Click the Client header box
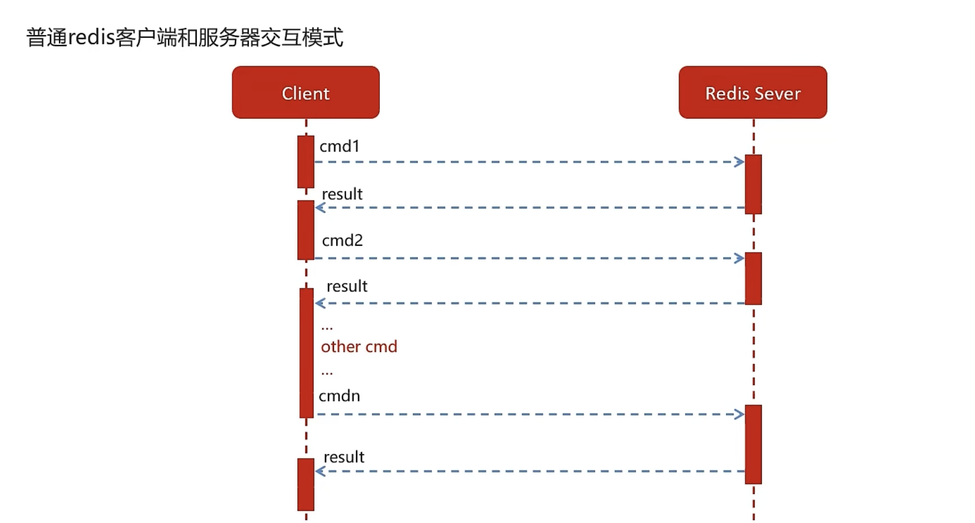click(306, 92)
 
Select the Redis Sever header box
click(753, 92)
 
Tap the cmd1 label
click(340, 146)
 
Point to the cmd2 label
click(343, 240)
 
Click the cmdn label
click(339, 396)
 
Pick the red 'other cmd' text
click(359, 346)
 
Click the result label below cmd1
click(342, 194)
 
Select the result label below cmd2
click(347, 286)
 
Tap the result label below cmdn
click(344, 457)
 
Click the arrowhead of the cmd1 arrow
click(739, 162)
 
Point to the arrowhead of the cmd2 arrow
click(739, 258)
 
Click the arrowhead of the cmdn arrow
click(739, 414)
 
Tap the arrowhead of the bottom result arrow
click(320, 471)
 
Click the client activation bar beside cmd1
click(306, 162)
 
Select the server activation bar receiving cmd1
click(753, 184)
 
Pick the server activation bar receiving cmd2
click(753, 278)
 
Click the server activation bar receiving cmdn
click(753, 445)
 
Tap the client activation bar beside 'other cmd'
click(306, 353)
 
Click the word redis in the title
click(92, 37)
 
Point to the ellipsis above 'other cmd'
click(327, 328)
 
